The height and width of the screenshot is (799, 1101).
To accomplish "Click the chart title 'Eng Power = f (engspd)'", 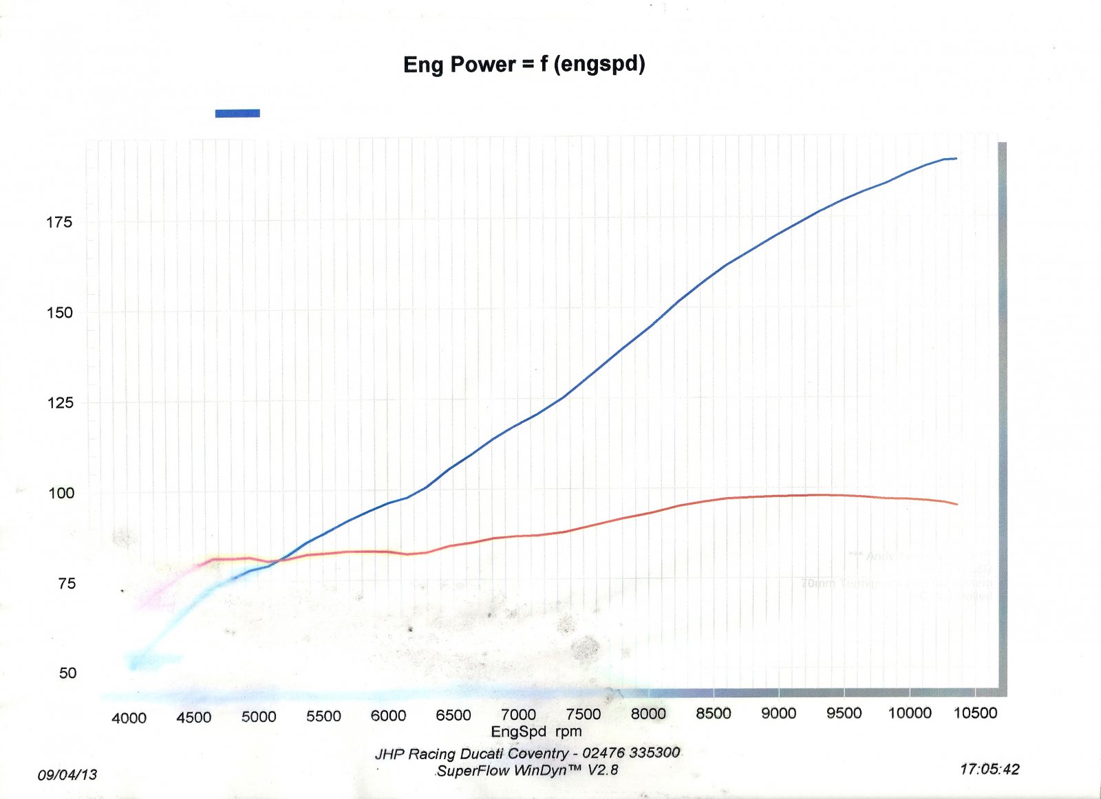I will pyautogui.click(x=524, y=65).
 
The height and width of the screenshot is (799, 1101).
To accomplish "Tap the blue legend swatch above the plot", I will pyautogui.click(x=237, y=113).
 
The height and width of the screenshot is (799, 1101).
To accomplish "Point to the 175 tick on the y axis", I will pyautogui.click(x=59, y=222).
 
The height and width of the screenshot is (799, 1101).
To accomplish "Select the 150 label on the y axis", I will pyautogui.click(x=59, y=312).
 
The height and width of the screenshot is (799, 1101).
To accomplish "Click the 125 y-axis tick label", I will pyautogui.click(x=59, y=402).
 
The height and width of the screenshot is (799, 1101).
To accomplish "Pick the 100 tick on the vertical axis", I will pyautogui.click(x=59, y=493).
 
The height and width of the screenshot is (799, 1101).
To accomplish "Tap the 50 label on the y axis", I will pyautogui.click(x=67, y=673).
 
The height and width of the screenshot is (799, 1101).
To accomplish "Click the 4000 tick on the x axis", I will pyautogui.click(x=129, y=719).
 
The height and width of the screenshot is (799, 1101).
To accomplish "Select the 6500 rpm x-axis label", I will pyautogui.click(x=453, y=716).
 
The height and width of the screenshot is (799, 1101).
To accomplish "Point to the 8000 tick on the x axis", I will pyautogui.click(x=648, y=714).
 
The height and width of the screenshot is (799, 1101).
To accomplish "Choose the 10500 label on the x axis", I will pyautogui.click(x=975, y=713).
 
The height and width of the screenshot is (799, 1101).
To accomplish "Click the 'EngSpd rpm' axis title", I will pyautogui.click(x=536, y=732).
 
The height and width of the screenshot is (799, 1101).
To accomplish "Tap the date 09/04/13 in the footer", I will pyautogui.click(x=67, y=775).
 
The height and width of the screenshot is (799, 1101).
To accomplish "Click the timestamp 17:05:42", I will pyautogui.click(x=990, y=769).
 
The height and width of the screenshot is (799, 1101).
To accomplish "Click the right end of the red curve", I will pyautogui.click(x=957, y=505).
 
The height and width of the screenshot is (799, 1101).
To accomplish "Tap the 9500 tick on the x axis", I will pyautogui.click(x=844, y=713).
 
